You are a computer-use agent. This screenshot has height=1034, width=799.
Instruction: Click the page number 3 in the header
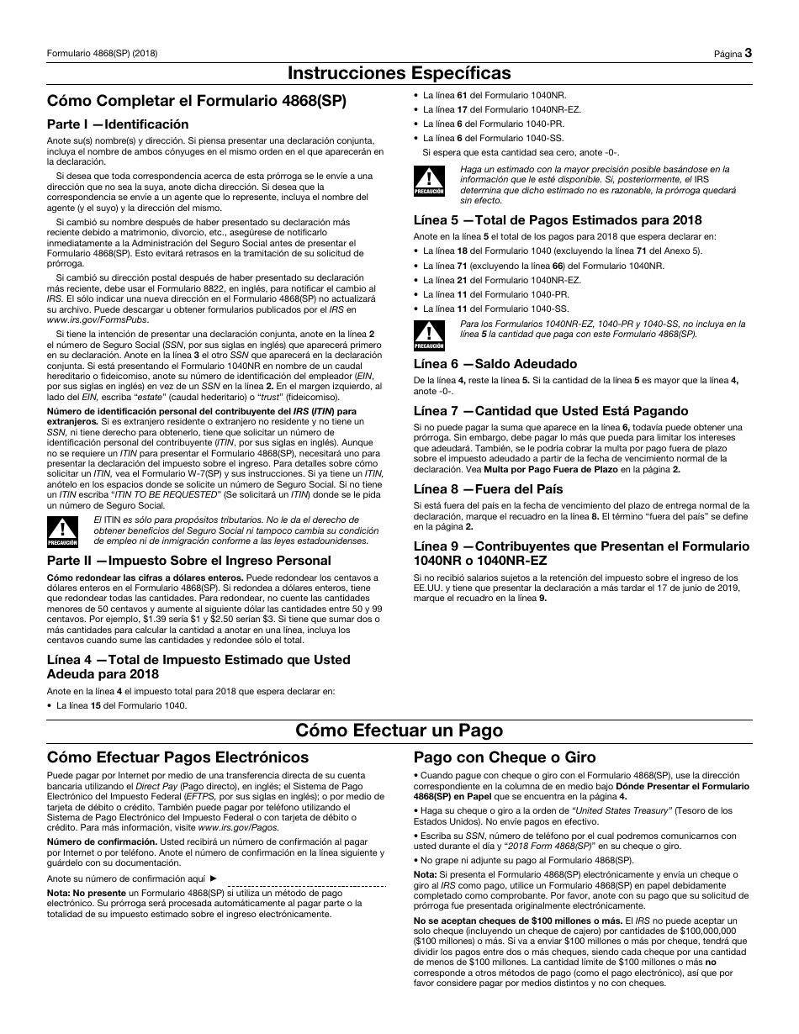(x=748, y=53)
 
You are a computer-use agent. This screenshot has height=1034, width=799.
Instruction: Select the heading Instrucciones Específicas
(x=399, y=73)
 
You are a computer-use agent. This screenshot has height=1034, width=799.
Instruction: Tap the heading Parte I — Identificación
(x=118, y=124)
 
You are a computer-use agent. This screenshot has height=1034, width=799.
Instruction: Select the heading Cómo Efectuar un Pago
(x=399, y=729)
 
